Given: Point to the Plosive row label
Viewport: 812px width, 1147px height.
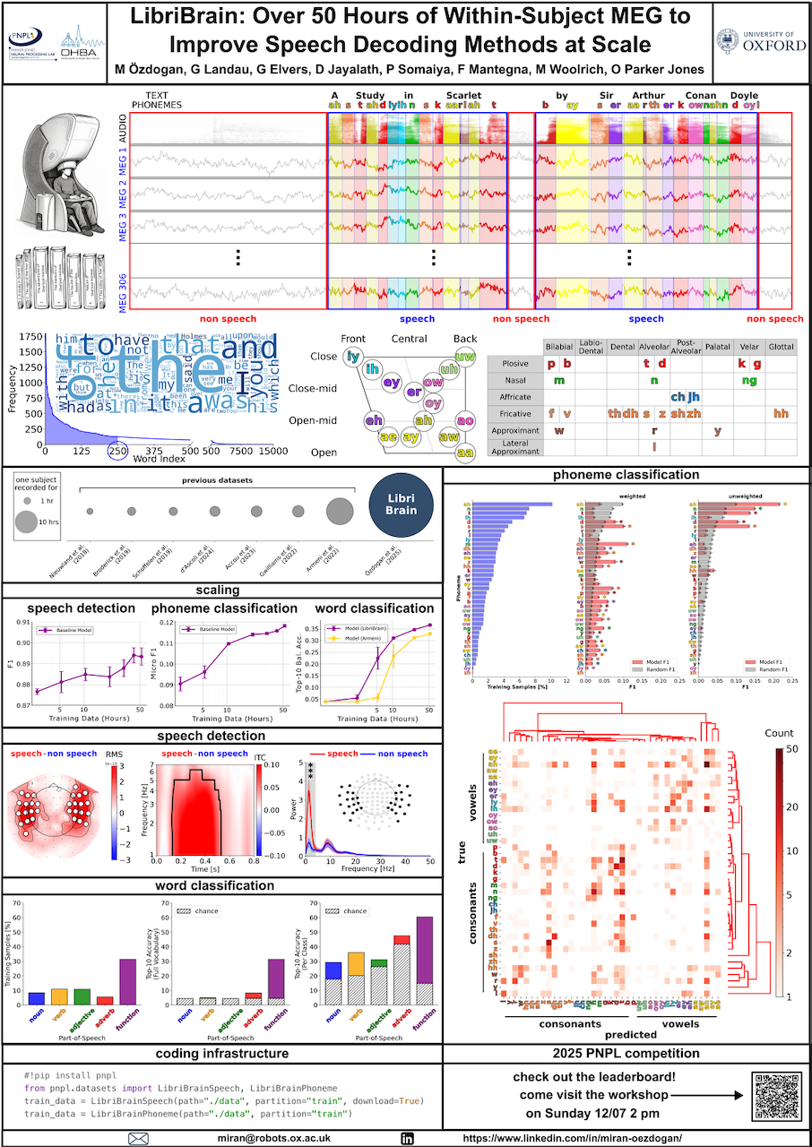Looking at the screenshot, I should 515,364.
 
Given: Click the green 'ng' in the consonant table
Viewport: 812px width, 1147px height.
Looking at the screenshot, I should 749,380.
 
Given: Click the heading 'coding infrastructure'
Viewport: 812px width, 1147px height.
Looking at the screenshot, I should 221,1053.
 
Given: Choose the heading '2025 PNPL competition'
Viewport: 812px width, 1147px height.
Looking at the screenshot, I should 626,1053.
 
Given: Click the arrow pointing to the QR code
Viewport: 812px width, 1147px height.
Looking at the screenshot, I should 704,1094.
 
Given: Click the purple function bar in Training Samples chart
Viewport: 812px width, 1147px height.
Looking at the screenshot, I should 127,981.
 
